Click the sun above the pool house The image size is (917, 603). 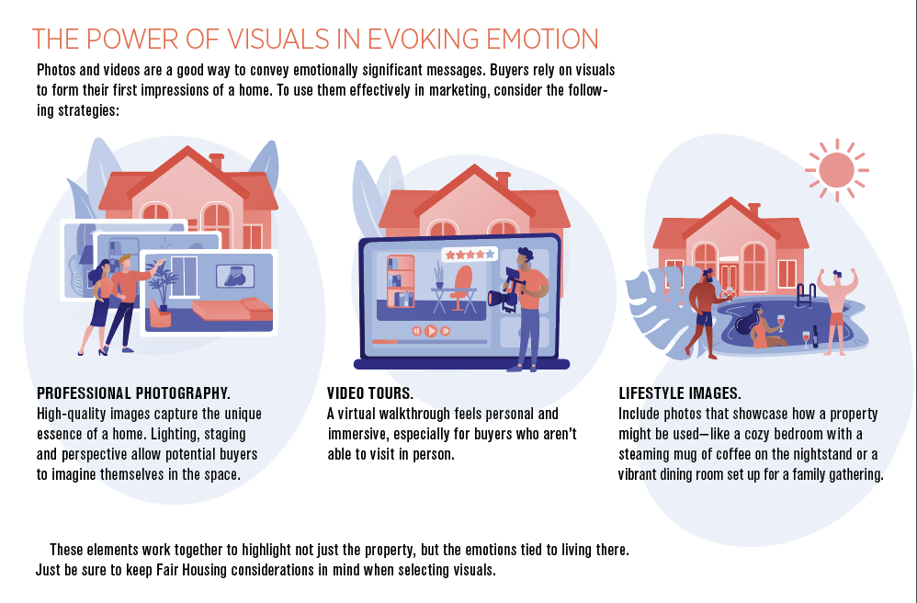point(836,170)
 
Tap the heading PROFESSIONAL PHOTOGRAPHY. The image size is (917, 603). point(133,393)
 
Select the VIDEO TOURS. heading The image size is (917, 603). point(370,393)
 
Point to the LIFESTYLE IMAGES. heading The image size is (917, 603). point(680,393)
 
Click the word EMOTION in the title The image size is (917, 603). point(543,40)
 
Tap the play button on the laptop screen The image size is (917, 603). point(430,331)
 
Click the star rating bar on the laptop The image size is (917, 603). point(470,255)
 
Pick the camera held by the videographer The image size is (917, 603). point(505,290)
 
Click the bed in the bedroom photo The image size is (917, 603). point(232,310)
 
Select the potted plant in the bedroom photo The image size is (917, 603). point(163,286)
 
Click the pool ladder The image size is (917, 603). point(805,294)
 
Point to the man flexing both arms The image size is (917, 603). point(837,311)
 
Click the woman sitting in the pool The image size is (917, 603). point(760,329)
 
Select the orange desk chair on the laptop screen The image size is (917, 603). point(462,289)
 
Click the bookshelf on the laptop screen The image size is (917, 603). point(401,281)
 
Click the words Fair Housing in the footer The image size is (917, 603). point(191,570)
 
